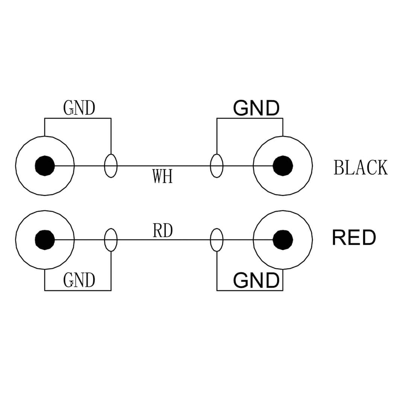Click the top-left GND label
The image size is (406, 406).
[x=79, y=108]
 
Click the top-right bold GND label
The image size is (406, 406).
[x=256, y=108]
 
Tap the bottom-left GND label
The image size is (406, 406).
[x=79, y=280]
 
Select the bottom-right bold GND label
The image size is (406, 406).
[x=256, y=280]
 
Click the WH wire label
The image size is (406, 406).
[x=162, y=176]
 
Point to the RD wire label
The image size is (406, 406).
[x=163, y=231]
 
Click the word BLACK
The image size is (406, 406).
[x=361, y=168]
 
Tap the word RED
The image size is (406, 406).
[x=354, y=238]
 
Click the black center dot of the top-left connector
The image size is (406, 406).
[x=45, y=165]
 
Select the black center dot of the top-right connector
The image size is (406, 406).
[x=283, y=165]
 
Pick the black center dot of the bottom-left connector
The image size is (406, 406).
[x=45, y=240]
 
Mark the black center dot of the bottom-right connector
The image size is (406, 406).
[x=283, y=240]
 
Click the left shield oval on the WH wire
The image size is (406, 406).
[x=111, y=165]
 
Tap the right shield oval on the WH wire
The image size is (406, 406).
[x=217, y=165]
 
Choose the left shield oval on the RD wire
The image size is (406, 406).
[x=111, y=240]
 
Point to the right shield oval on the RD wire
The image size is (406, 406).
[x=217, y=240]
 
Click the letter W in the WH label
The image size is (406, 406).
[x=158, y=176]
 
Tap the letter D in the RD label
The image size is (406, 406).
[x=168, y=231]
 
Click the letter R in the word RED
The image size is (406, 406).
[x=339, y=238]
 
